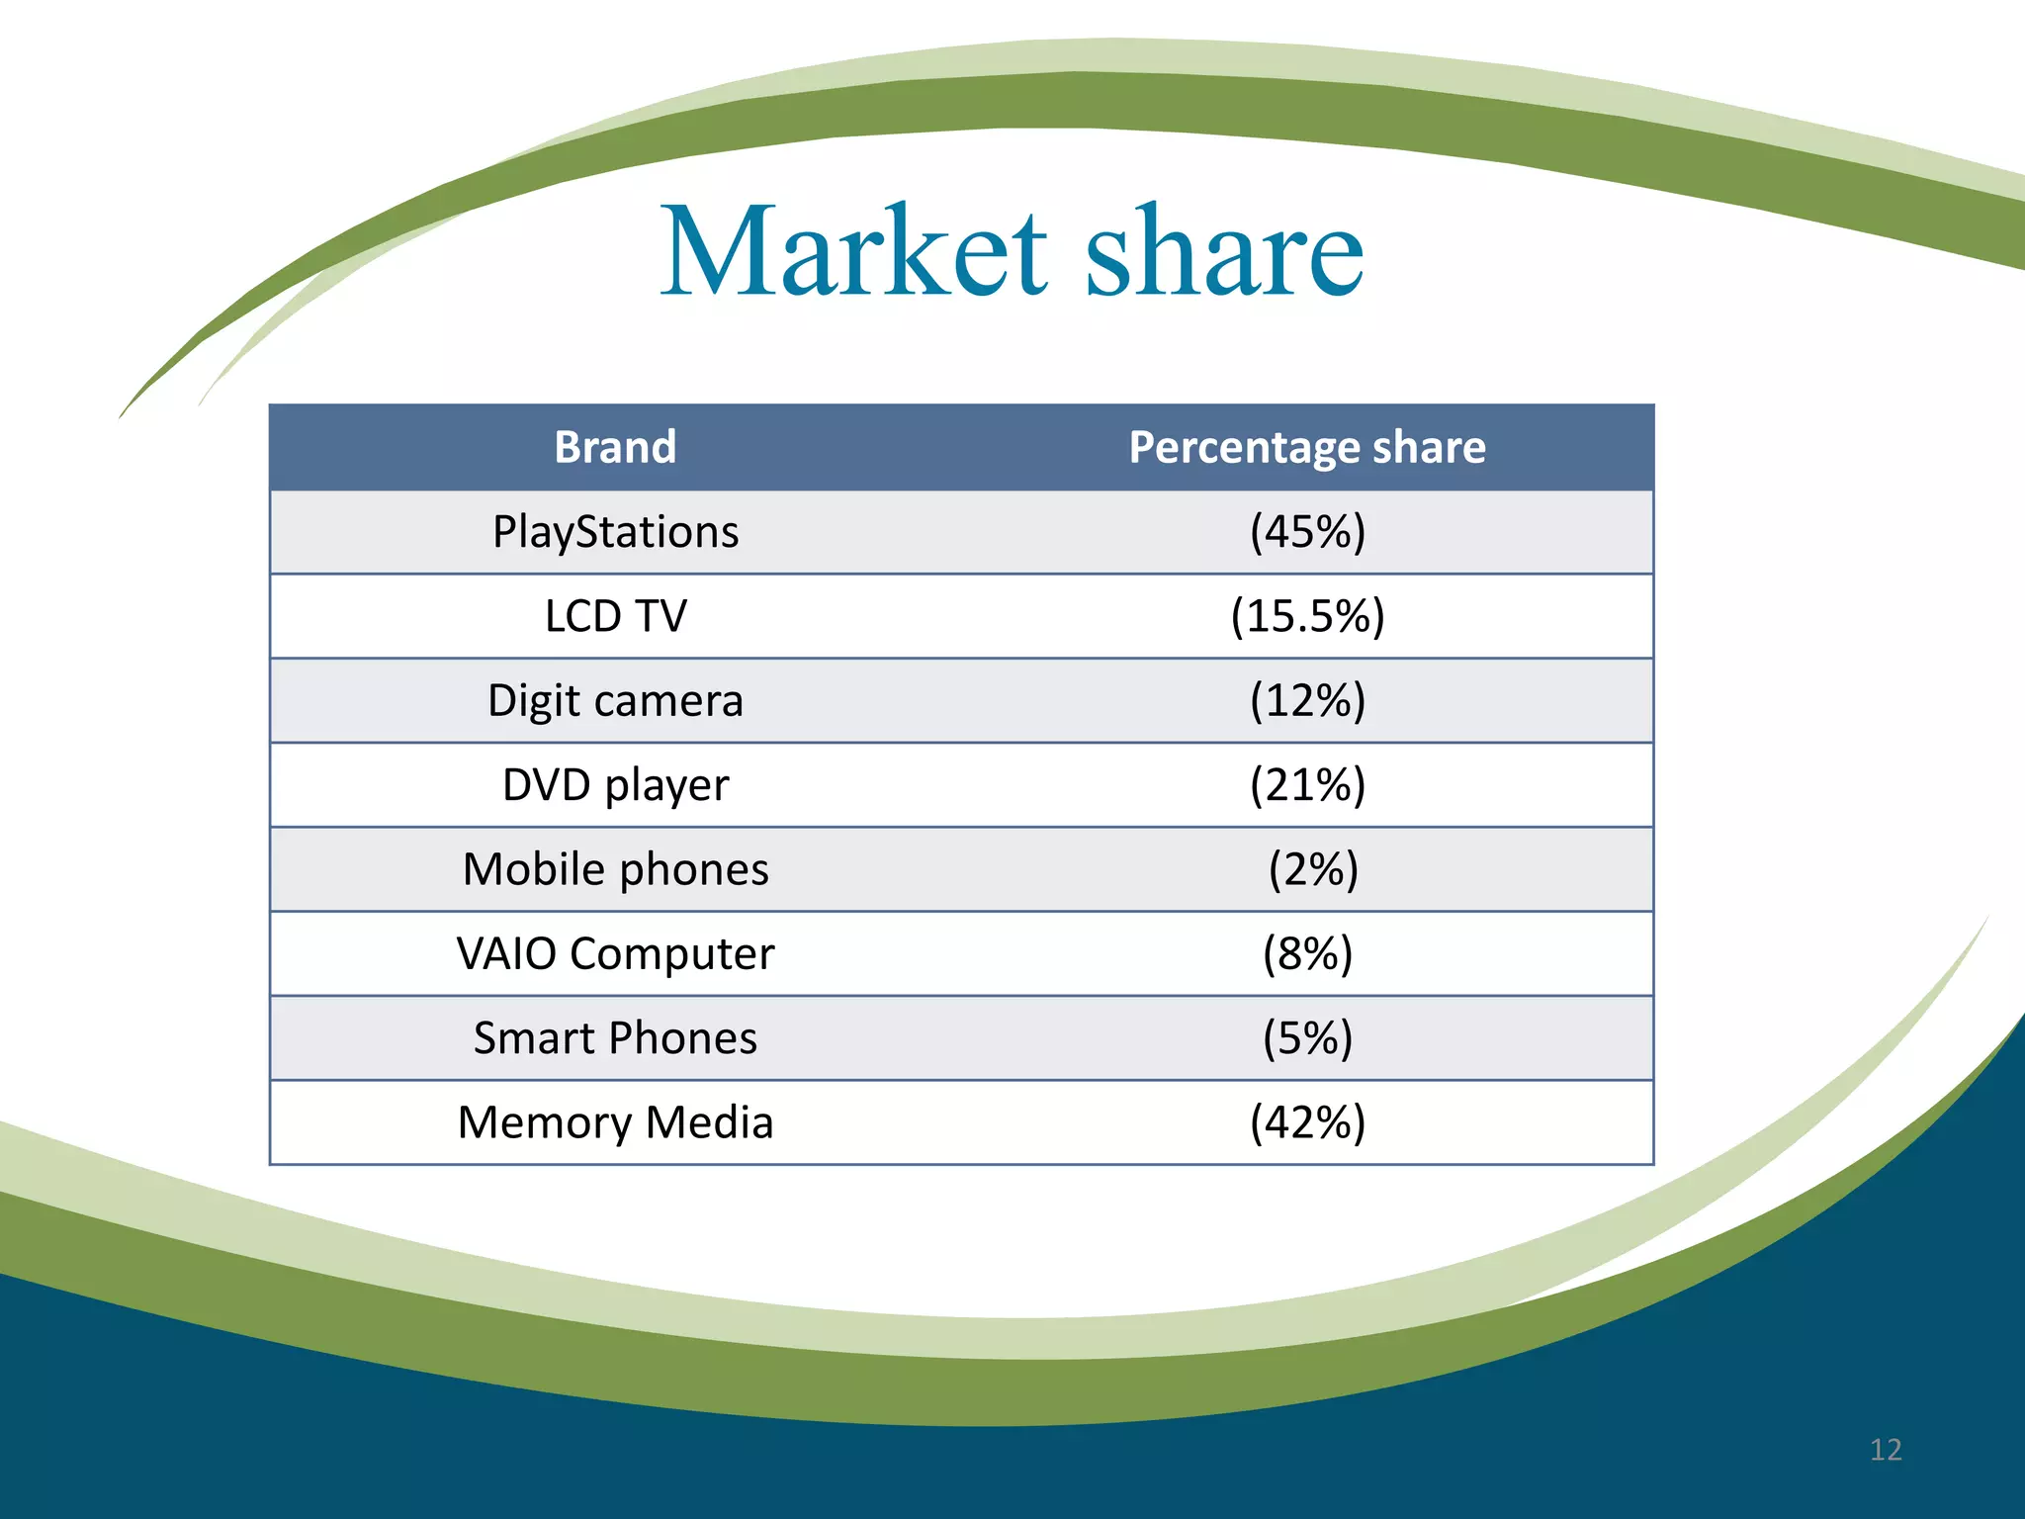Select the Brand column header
tap(615, 447)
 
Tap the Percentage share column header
tap(1307, 447)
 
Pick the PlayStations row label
tap(615, 532)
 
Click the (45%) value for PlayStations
tap(1307, 532)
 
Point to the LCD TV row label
tap(615, 616)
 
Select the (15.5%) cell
tap(1307, 616)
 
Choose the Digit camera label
tap(615, 700)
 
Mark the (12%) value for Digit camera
tap(1307, 700)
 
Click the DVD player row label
tap(615, 785)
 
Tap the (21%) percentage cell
tap(1307, 785)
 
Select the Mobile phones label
tap(615, 869)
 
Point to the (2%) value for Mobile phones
tap(1313, 869)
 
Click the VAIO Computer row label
tap(615, 953)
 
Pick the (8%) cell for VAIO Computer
tap(1307, 953)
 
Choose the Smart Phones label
tap(615, 1038)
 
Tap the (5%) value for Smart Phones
tap(1307, 1038)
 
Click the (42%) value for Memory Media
tap(1307, 1122)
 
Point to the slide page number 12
tap(1886, 1450)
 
